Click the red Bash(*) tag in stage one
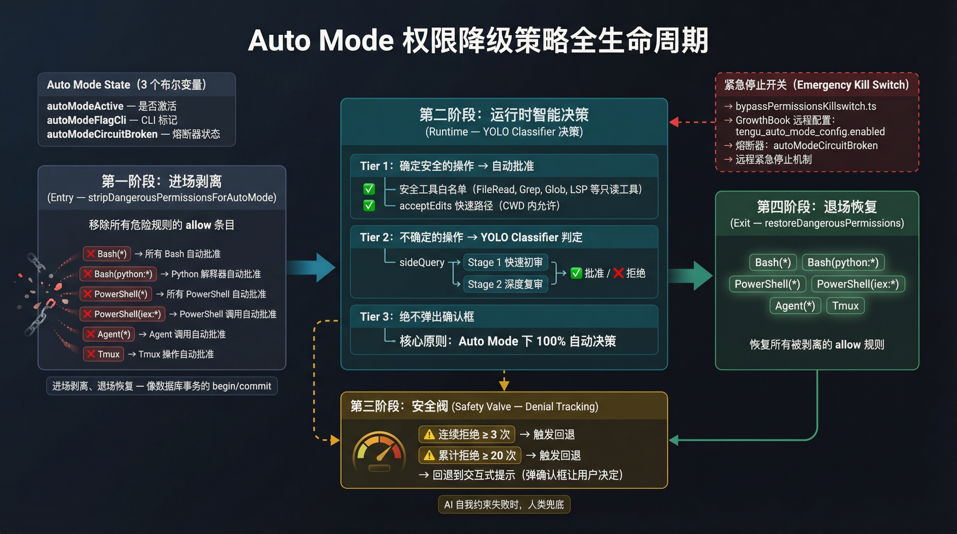107,254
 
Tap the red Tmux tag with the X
103,354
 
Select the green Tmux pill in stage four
845,306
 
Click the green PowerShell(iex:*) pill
858,284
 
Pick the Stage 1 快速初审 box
505,262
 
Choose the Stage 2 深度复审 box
505,284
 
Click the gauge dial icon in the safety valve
379,452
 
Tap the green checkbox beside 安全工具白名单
369,189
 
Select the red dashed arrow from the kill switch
692,122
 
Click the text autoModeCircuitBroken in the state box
102,134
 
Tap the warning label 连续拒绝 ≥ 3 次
467,435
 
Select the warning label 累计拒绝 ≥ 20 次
469,456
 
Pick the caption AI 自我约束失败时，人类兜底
504,505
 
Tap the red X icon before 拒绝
618,273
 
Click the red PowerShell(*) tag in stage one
116,294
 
